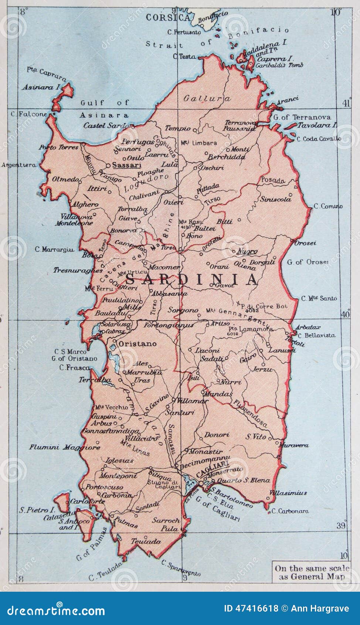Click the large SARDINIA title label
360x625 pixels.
[191, 279]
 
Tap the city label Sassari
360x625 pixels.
[127, 165]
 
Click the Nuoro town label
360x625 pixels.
[247, 251]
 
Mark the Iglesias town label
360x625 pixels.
[119, 460]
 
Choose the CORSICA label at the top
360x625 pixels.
[168, 17]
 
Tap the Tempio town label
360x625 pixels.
[177, 128]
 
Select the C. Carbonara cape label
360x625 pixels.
[290, 511]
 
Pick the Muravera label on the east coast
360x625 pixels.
[294, 445]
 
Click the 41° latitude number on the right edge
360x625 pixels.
[346, 104]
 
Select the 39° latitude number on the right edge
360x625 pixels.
[342, 526]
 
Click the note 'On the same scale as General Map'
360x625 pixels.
[312, 572]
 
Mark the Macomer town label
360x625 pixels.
[164, 267]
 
